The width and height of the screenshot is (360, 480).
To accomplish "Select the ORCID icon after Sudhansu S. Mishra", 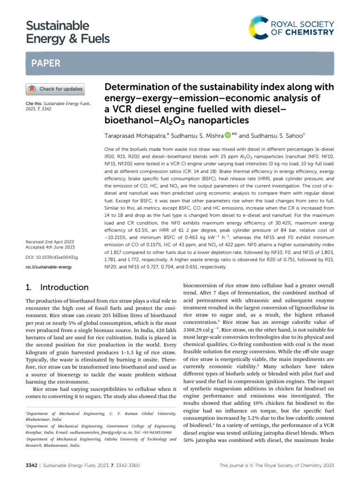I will point(228,136).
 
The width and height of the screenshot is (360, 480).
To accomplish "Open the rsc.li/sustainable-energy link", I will point(48,267).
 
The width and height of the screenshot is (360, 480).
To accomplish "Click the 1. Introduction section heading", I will point(56,287).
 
